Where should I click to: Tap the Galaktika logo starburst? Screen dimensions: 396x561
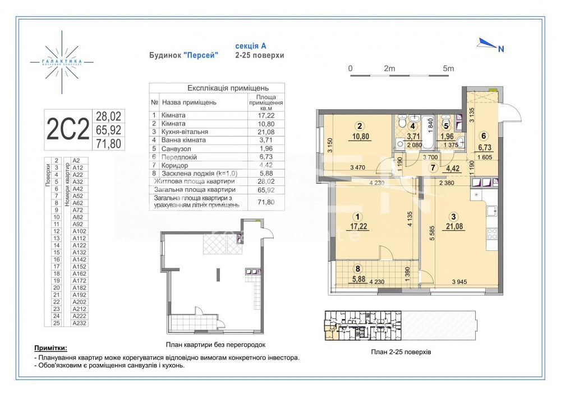(x=62, y=61)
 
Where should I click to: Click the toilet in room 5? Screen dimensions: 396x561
(x=446, y=122)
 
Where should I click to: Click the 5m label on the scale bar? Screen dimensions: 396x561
(x=448, y=68)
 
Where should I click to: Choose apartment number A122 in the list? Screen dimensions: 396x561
(x=78, y=245)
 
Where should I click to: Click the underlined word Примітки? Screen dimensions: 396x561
(x=54, y=348)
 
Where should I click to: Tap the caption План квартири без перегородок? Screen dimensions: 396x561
(x=215, y=345)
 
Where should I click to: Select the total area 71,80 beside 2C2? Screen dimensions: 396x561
(x=109, y=143)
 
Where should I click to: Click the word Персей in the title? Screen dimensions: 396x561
(x=201, y=55)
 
